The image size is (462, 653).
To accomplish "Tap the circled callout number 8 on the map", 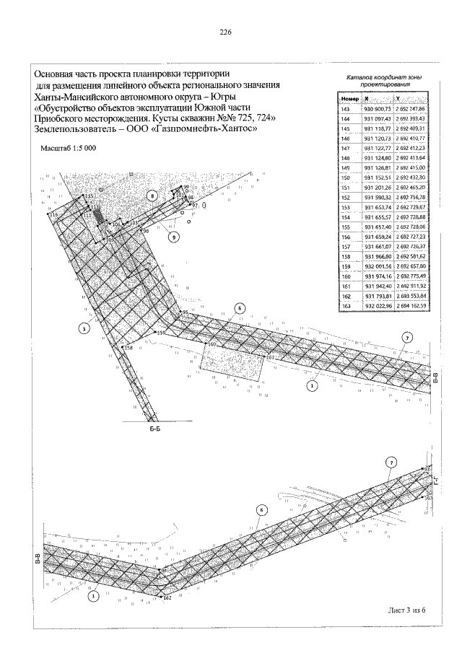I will point(152,196).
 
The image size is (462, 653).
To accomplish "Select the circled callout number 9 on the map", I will point(173,236).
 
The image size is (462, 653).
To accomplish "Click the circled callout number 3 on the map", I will point(84,328).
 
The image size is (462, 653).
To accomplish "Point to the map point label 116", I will point(52,215).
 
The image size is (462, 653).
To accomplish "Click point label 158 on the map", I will point(128,348).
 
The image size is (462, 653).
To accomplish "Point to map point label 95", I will point(185,312).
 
